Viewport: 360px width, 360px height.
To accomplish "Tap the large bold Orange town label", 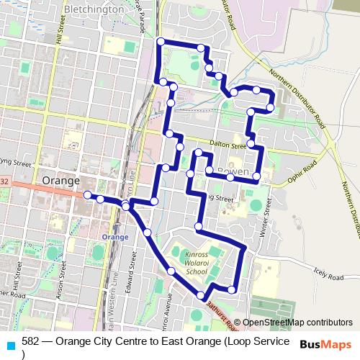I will pos(61,181).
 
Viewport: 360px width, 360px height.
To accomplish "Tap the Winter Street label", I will pos(265,219).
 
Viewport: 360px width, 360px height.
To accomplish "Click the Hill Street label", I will pos(61,36).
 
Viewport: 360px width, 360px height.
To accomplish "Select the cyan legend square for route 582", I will pos(10,343).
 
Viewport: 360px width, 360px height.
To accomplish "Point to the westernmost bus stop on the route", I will pos(87,195).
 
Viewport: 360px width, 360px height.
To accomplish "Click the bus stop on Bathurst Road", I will pos(201,296).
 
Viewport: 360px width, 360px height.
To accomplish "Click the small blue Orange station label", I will pos(115,237).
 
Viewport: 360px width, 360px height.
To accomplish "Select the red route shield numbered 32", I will pos(4,182).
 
